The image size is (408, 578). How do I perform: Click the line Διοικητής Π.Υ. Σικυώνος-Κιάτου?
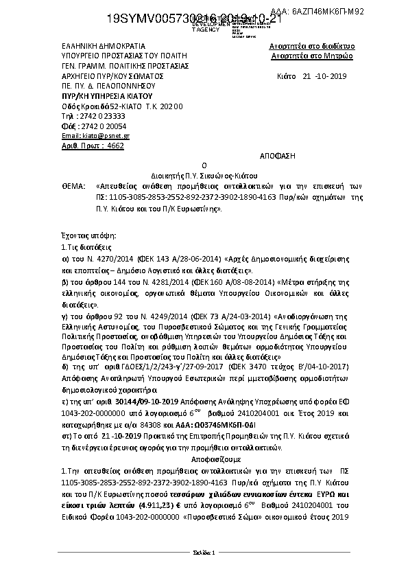click(x=204, y=176)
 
